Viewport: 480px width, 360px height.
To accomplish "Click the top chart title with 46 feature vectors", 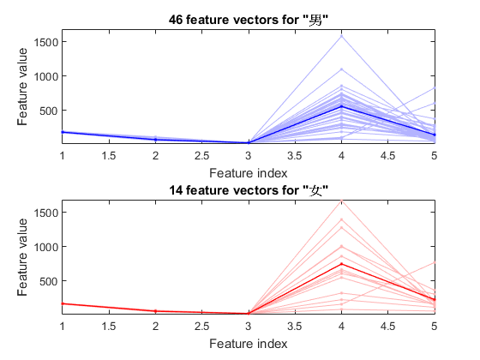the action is [249, 21].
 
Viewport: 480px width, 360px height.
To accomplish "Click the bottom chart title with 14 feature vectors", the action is [249, 190].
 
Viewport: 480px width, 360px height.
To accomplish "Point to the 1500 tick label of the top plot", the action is [46, 42].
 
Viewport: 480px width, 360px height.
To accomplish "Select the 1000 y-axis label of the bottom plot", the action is [46, 247].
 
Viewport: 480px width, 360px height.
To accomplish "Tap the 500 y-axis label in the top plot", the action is [49, 111].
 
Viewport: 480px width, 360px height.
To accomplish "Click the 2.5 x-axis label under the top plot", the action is [201, 156].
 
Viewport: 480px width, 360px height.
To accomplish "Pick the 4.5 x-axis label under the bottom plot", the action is [387, 327].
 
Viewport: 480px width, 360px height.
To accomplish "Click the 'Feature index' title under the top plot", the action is [249, 173].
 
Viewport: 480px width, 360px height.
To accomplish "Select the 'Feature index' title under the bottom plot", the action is [249, 344].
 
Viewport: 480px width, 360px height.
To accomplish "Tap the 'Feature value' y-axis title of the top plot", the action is [22, 87].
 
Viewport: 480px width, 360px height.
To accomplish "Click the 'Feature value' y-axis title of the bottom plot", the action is [22, 257].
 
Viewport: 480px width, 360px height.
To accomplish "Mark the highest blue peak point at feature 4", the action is [342, 36].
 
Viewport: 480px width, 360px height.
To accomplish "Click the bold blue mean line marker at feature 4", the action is [342, 106].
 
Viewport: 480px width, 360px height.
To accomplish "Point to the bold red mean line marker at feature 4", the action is [342, 264].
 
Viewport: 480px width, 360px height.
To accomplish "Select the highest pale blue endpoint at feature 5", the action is [435, 88].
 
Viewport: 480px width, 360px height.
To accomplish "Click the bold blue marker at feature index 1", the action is [63, 132].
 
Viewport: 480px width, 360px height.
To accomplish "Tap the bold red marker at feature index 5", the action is [435, 300].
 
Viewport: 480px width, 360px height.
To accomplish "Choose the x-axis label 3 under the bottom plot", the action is [249, 327].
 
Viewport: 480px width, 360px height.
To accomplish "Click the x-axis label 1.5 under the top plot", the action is [109, 156].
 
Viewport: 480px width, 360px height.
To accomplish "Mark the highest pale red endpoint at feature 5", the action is [435, 262].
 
